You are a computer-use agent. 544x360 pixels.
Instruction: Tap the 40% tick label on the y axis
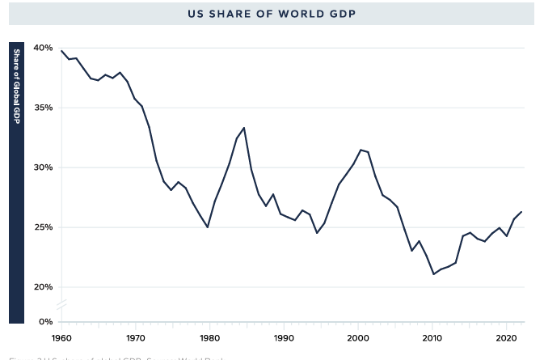(x=44, y=48)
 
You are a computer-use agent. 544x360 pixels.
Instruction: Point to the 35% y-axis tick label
(x=44, y=108)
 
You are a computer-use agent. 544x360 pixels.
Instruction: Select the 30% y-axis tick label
(x=44, y=167)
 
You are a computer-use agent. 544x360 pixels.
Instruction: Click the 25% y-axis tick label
(x=44, y=227)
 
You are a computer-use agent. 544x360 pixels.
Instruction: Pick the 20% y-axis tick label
(x=44, y=287)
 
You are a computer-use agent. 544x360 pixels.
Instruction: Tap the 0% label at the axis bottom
(x=46, y=322)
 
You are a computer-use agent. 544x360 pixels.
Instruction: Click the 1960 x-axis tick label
(x=61, y=337)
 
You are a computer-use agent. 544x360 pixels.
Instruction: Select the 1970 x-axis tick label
(x=135, y=337)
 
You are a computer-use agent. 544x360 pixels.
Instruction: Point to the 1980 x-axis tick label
(x=209, y=337)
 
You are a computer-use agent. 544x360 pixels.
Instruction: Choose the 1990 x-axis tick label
(x=284, y=337)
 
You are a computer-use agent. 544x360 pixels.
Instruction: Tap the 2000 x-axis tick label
(x=358, y=337)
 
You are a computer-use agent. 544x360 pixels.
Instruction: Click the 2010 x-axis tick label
(x=432, y=337)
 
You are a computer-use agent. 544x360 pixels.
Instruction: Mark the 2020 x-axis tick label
(x=506, y=337)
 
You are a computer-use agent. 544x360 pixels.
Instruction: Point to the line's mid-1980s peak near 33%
(x=244, y=128)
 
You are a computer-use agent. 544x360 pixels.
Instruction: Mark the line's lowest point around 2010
(x=433, y=274)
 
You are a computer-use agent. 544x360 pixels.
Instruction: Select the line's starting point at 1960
(x=61, y=51)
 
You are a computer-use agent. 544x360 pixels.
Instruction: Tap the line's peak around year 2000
(x=361, y=150)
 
